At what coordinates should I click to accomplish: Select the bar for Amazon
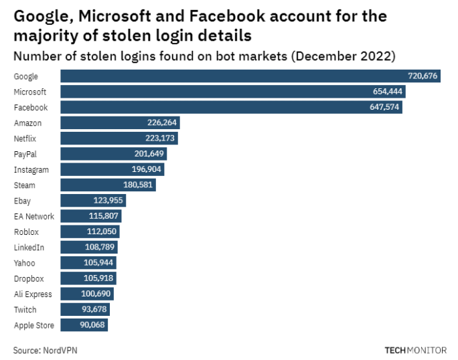pos(120,123)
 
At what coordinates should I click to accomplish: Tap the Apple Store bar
pos(84,325)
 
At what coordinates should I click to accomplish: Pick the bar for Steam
pos(108,185)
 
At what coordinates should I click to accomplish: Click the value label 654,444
pos(388,92)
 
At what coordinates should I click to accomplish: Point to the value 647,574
pos(385,108)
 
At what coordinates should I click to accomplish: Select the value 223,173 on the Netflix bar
pos(161,139)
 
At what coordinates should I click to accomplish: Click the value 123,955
pos(109,201)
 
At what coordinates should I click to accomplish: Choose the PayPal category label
pos(25,154)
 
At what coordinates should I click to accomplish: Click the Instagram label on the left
pos(31,170)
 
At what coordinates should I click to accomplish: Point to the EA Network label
pos(33,216)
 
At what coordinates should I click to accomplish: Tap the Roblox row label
pos(26,232)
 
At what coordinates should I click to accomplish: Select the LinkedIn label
pos(28,248)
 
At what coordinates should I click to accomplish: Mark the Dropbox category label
pos(28,278)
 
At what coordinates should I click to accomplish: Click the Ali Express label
pos(32,294)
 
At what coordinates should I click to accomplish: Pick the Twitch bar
pos(84,310)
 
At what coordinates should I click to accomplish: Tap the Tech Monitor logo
pos(415,349)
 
